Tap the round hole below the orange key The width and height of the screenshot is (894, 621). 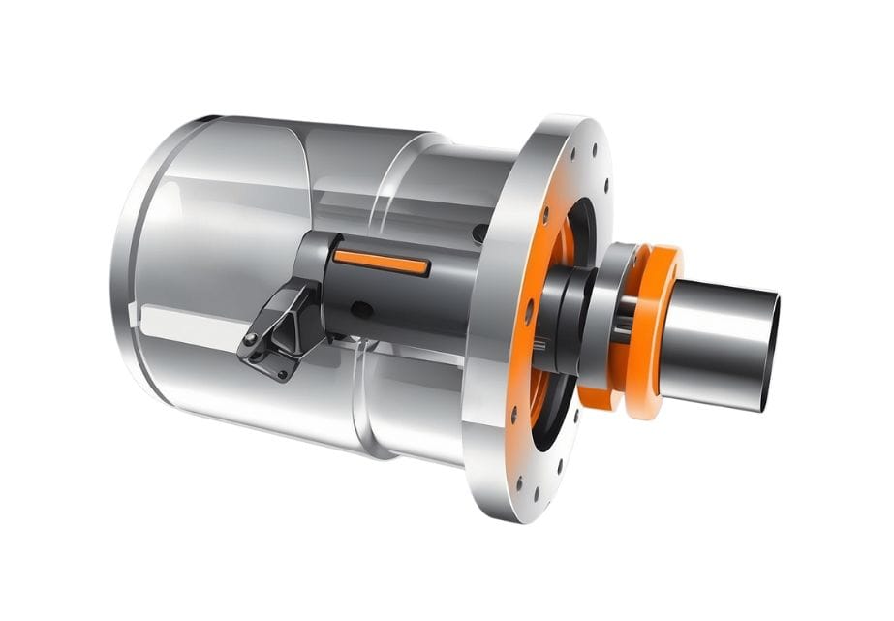(359, 309)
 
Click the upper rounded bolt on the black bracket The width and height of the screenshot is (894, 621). (251, 338)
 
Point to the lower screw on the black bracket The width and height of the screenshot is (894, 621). (282, 373)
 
